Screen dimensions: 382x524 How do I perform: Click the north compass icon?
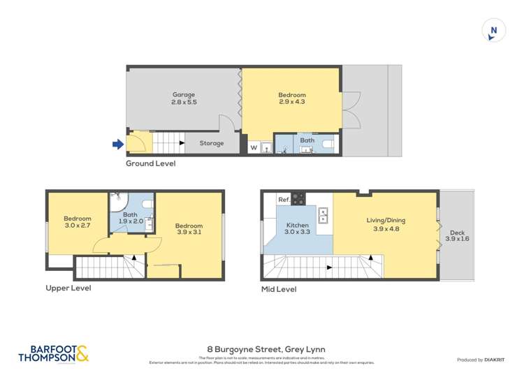tap(494, 30)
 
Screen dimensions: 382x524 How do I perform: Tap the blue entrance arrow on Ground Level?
tap(118, 145)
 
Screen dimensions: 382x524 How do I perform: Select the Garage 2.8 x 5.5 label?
tap(184, 98)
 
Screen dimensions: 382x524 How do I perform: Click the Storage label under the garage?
tap(212, 143)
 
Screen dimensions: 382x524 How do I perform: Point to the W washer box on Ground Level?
tap(253, 147)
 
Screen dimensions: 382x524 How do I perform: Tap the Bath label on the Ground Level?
tap(307, 140)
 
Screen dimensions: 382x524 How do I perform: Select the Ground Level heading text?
tap(150, 163)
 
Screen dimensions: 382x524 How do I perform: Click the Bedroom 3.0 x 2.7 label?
tap(77, 221)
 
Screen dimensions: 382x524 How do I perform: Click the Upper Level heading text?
tap(68, 288)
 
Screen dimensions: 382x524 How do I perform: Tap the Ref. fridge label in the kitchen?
tap(284, 200)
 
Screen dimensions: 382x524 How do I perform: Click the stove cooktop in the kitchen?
tap(299, 198)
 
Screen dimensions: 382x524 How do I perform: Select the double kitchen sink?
tap(323, 215)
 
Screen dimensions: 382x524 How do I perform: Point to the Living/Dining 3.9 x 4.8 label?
tap(386, 224)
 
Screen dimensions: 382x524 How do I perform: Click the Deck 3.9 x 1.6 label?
tap(458, 235)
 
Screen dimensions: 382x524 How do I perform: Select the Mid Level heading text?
tap(278, 289)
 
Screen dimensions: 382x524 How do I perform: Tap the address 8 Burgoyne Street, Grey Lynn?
tap(261, 349)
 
